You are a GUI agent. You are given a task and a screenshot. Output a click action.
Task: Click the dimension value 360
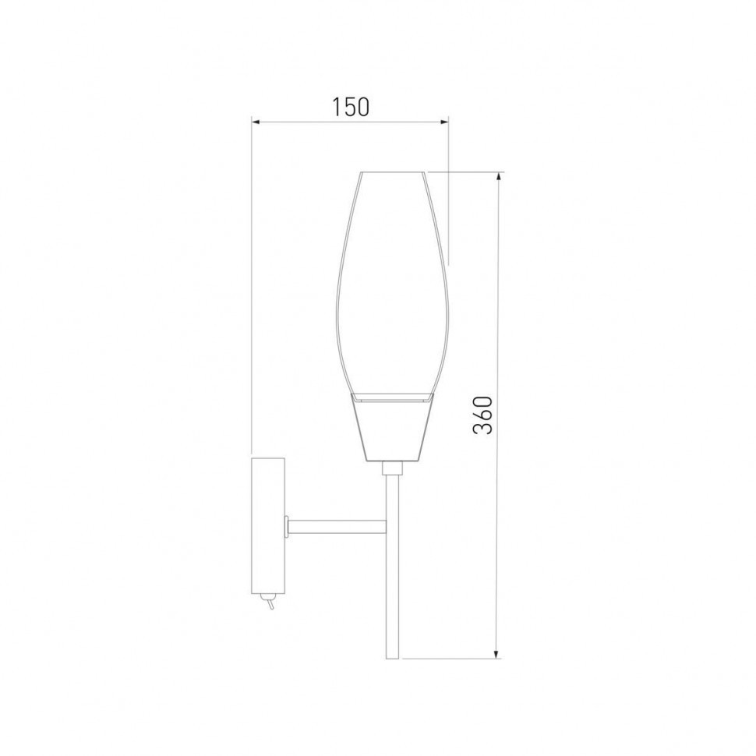[x=484, y=415]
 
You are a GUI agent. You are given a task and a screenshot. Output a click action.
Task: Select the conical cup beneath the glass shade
[x=392, y=429]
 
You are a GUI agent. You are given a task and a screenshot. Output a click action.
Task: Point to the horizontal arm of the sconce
[x=337, y=528]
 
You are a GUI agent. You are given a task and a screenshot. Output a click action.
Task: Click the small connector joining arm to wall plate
[x=288, y=528]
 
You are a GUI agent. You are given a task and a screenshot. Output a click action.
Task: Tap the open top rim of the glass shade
[x=392, y=172]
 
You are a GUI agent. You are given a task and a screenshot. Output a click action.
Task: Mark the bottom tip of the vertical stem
[x=392, y=656]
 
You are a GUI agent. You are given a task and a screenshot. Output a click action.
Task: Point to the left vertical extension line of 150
[x=251, y=288]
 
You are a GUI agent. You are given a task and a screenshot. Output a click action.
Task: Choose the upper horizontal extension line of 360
[x=468, y=172]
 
